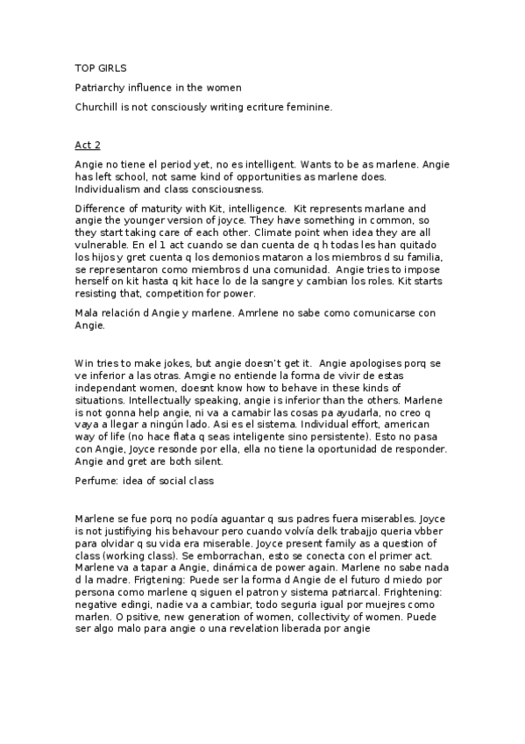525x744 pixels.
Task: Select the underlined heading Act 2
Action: coord(87,143)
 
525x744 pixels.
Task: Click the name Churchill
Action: coord(99,107)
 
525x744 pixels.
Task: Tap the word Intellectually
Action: coord(114,398)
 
